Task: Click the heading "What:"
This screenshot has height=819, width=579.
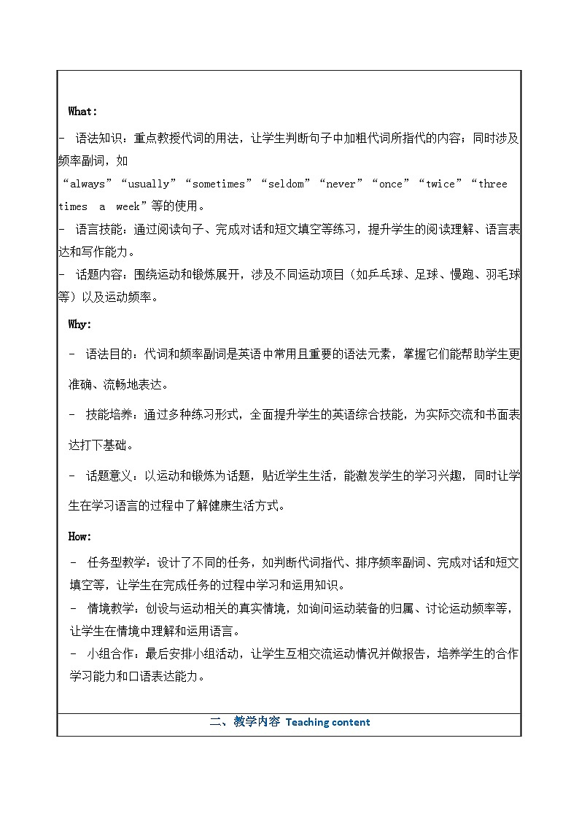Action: pyautogui.click(x=82, y=112)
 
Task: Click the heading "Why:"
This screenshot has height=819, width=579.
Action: pyautogui.click(x=80, y=325)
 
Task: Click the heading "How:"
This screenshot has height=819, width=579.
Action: pyautogui.click(x=80, y=536)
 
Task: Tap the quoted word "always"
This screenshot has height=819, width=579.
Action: pyautogui.click(x=88, y=184)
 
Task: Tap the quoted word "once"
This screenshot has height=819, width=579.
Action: pyautogui.click(x=391, y=184)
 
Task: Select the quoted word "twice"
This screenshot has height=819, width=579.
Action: pyautogui.click(x=440, y=184)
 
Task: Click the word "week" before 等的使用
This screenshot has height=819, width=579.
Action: pyautogui.click(x=128, y=206)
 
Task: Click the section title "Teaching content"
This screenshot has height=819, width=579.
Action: pyautogui.click(x=327, y=723)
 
